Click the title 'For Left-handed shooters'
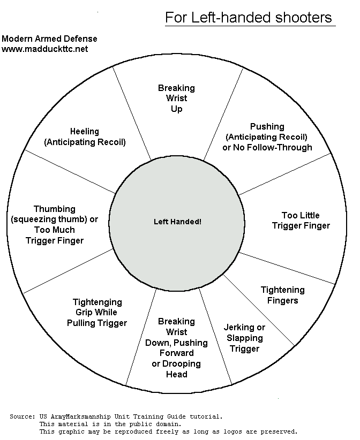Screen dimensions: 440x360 coord(249,17)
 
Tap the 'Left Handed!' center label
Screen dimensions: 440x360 coord(177,221)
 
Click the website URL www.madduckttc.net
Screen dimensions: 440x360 coord(44,49)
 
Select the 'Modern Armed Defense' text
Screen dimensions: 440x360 coord(49,39)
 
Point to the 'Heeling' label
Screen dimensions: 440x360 coord(84,131)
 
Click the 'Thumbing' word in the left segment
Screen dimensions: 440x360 coord(54,209)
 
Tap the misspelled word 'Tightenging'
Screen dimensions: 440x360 coord(97,302)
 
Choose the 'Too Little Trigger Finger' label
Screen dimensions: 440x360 coord(301,220)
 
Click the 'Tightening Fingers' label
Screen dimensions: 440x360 coord(282,295)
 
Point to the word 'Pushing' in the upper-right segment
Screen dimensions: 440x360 coord(267,126)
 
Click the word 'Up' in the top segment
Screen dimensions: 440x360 coord(176,109)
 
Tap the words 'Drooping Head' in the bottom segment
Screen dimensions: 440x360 coord(176,369)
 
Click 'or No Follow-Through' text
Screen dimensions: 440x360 coord(267,147)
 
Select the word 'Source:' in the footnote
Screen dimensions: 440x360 coord(22,416)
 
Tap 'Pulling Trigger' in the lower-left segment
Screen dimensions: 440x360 coord(97,323)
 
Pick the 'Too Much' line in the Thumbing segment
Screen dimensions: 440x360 coord(54,230)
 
